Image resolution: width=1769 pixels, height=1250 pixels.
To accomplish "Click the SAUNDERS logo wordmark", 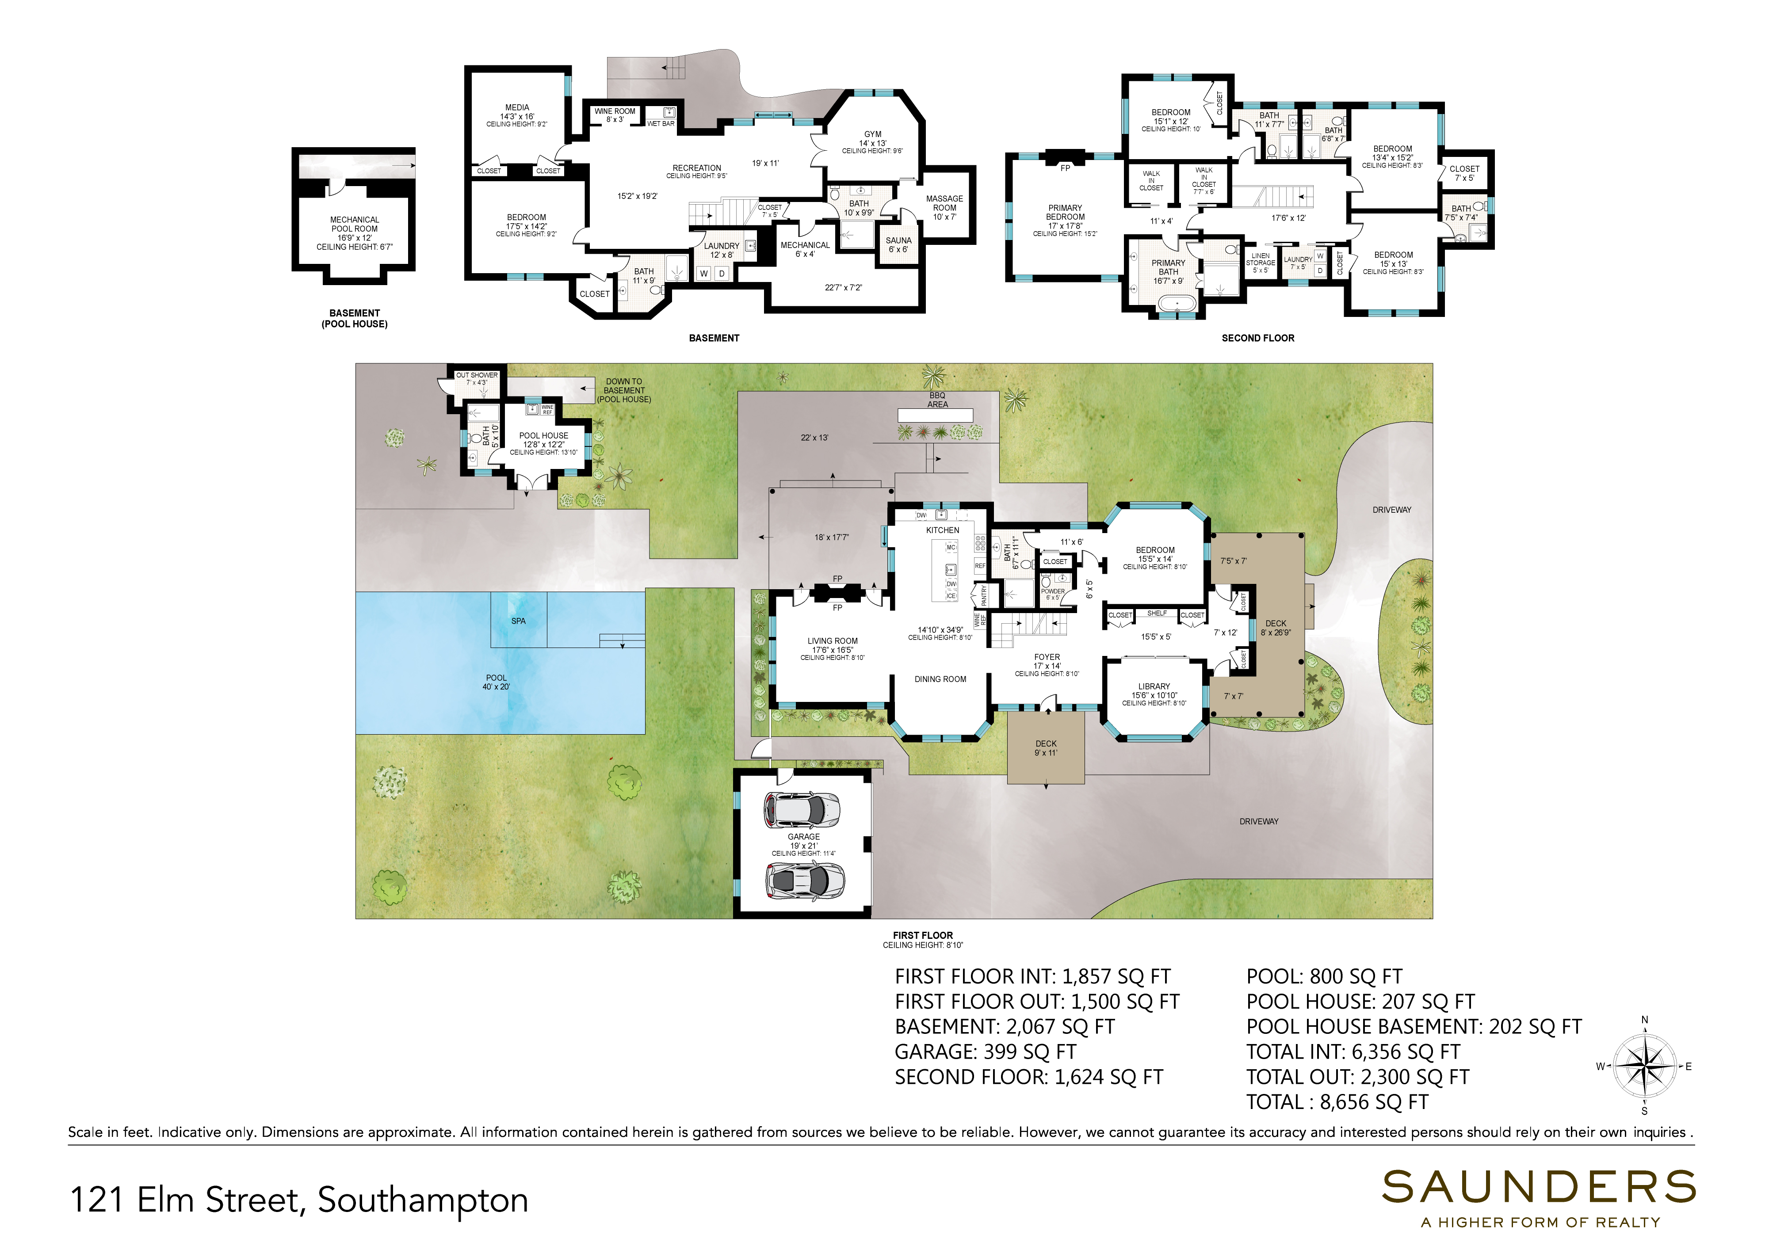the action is (1539, 1187).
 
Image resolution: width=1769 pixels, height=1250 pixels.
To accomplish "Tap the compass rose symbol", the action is (1644, 1067).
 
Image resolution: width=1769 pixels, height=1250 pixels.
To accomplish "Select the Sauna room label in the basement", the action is (898, 240).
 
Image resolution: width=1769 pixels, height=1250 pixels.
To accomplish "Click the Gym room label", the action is (872, 134).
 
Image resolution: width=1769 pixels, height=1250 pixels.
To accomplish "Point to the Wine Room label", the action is (615, 111).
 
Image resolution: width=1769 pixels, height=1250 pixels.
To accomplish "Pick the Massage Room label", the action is (944, 203).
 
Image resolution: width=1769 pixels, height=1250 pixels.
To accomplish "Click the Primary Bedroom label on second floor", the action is (1065, 213).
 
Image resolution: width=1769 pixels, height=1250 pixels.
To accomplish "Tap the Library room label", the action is (1154, 686).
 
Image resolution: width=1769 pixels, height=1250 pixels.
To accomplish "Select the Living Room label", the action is (832, 641).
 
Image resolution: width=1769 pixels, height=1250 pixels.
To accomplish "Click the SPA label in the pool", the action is (519, 621).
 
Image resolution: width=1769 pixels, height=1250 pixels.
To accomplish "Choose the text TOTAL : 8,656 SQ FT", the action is (1337, 1102).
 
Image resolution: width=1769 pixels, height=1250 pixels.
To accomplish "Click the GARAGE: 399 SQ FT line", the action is (986, 1052).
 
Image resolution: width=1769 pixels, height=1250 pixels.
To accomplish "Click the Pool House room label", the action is (544, 435).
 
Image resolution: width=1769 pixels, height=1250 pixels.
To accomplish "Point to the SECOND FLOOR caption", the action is (1258, 338).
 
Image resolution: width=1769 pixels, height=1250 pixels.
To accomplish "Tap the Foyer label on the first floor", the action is (1047, 657).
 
